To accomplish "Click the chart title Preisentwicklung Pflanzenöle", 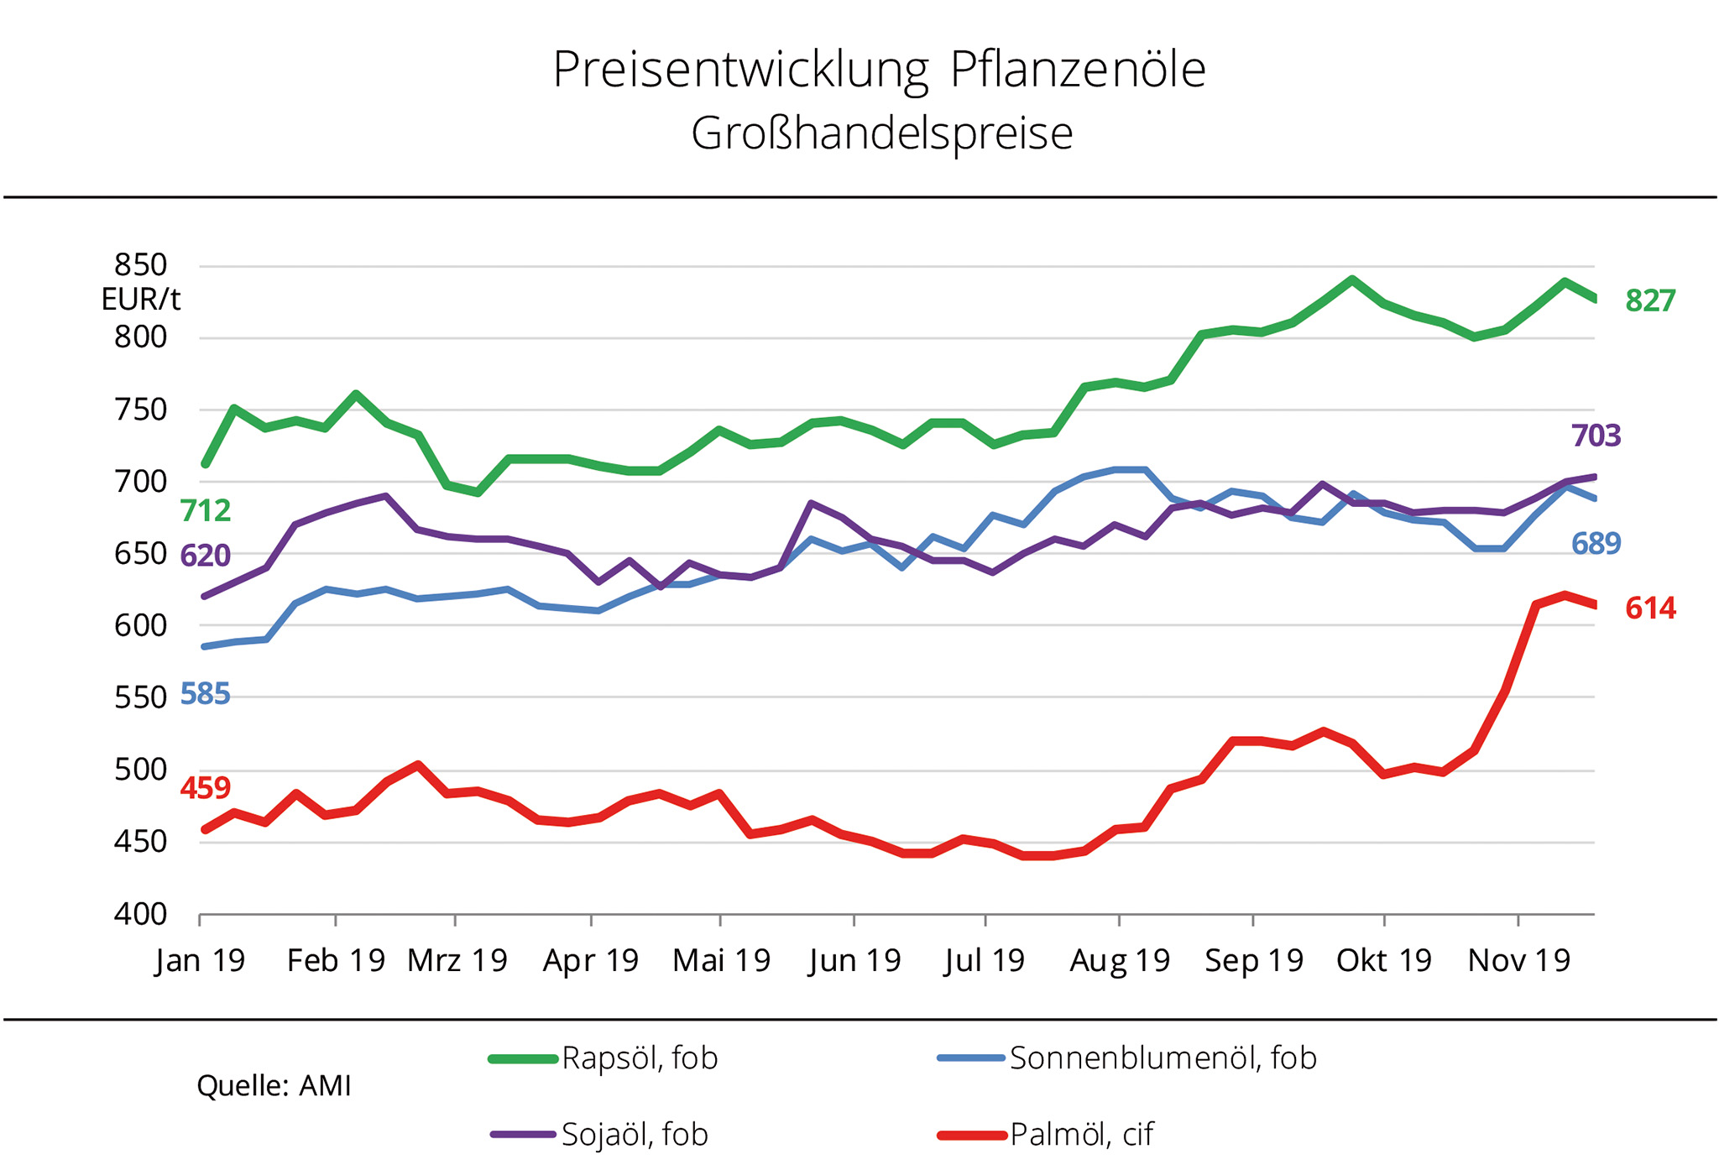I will (879, 70).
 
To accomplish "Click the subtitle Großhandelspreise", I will (881, 133).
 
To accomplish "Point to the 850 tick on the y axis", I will (141, 265).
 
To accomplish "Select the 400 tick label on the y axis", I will (141, 914).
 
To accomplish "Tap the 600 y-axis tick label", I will (141, 625).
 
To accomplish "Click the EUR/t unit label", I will (141, 300).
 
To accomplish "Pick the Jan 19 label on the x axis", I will (200, 960).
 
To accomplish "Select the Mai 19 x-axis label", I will (721, 960).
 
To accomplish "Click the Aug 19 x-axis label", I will (1120, 960).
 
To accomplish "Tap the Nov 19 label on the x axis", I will (1518, 960).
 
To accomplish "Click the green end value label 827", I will (1650, 300).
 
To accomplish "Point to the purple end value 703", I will (1596, 436).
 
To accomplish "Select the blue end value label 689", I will (1596, 544).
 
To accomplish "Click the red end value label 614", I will (1650, 608).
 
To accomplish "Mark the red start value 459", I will (205, 788).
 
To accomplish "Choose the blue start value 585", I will (205, 694).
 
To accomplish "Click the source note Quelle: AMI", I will (274, 1086).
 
